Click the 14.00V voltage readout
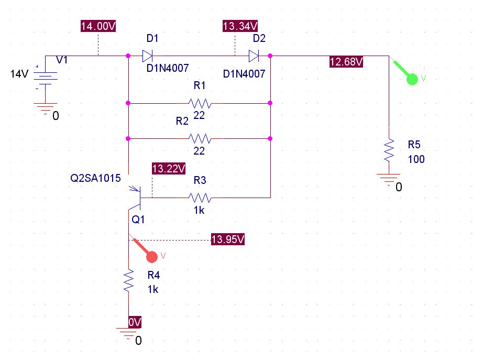point(98,26)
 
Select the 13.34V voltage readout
point(240,26)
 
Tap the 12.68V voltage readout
point(346,62)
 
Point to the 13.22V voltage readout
point(169,169)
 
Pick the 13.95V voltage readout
point(228,239)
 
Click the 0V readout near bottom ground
point(135,322)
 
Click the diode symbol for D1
point(147,56)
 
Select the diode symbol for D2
point(254,56)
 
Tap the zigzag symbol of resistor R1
point(200,103)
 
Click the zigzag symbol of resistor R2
point(200,139)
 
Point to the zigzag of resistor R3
point(200,198)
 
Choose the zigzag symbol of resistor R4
point(129,280)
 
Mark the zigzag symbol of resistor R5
point(389,150)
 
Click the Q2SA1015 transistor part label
point(95,178)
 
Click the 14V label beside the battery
point(19,74)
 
